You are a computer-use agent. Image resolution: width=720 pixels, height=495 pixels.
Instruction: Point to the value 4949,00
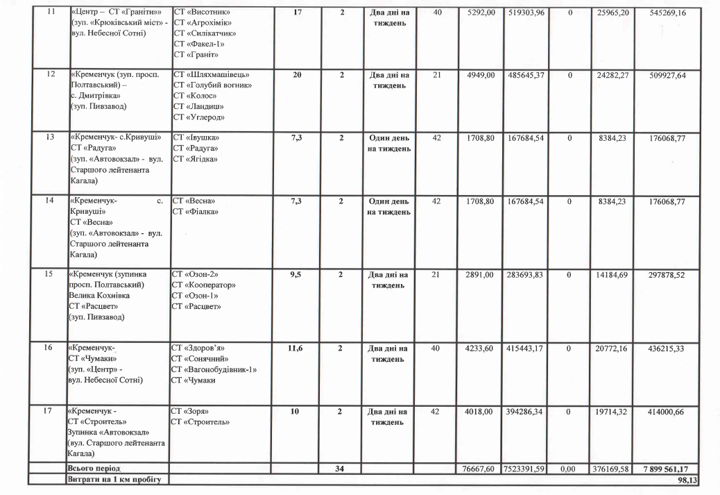click(x=479, y=75)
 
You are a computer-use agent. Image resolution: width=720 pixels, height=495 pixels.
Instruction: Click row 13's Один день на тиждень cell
click(x=388, y=143)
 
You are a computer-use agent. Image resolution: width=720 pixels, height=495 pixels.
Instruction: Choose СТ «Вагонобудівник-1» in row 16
click(x=215, y=369)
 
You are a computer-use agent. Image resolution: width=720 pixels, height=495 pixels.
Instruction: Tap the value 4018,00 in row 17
click(x=479, y=412)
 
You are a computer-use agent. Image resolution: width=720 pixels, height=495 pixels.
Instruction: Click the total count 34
click(x=340, y=469)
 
